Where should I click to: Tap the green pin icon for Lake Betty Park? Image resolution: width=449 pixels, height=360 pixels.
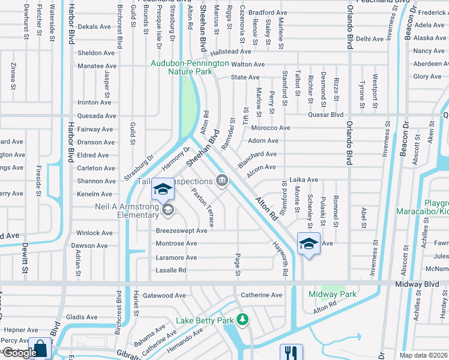(243, 320)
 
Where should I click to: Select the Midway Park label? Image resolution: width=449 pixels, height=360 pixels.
(332, 294)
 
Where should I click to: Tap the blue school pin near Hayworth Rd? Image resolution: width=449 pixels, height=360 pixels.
(309, 244)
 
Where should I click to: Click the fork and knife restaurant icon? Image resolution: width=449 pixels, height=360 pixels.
(291, 352)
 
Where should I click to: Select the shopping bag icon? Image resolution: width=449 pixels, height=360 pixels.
(40, 349)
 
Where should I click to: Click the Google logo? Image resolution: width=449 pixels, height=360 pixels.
(20, 353)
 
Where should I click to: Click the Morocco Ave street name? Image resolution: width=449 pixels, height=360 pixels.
(270, 128)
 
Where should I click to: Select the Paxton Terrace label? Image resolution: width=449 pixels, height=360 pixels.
(202, 208)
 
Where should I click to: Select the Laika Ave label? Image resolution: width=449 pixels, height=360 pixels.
(304, 179)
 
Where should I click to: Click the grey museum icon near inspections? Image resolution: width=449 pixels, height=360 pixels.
(222, 180)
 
